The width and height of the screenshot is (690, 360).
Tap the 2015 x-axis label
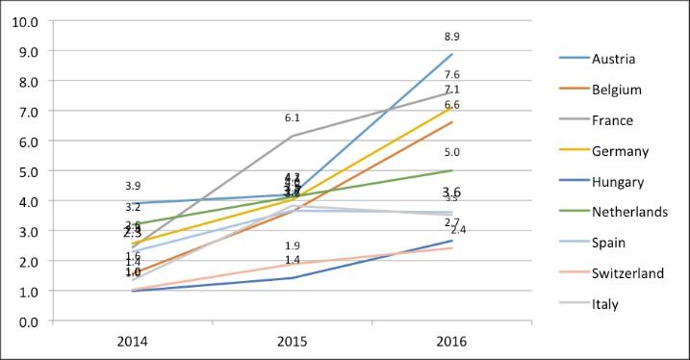pyautogui.click(x=293, y=341)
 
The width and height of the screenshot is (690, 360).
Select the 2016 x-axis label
pyautogui.click(x=452, y=341)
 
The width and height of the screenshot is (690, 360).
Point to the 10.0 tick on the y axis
pyautogui.click(x=23, y=21)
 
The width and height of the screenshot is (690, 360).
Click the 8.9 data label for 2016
pyautogui.click(x=452, y=37)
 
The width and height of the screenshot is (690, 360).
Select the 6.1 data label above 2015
pyautogui.click(x=293, y=117)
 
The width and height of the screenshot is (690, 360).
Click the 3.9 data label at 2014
pyautogui.click(x=134, y=186)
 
